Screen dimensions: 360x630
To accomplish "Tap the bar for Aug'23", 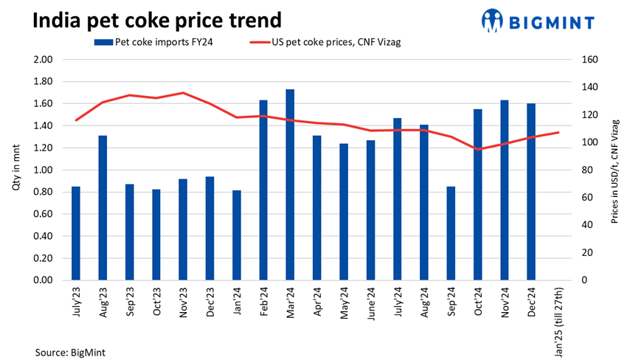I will pos(103,208).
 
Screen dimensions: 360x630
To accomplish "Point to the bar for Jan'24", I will pos(237,235).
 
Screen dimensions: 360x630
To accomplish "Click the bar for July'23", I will pos(76,233).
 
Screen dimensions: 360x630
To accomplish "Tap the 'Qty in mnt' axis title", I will pos(16,170).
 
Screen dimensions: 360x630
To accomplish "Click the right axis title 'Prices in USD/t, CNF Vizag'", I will pos(615,170).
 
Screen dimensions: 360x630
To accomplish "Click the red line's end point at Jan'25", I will pos(558,132).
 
